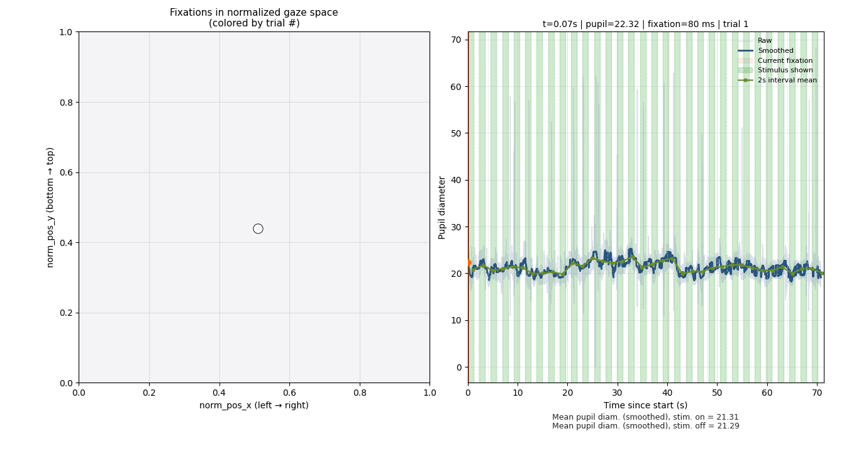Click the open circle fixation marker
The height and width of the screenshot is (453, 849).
point(258,228)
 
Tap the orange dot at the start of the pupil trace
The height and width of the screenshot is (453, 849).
point(468,263)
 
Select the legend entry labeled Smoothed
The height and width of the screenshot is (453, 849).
point(775,51)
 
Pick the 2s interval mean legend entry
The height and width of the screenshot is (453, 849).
point(787,81)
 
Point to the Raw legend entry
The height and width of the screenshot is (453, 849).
point(765,41)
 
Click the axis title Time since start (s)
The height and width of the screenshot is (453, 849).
point(645,406)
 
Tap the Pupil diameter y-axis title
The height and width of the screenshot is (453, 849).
point(442,208)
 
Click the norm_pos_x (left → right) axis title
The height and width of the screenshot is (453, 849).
point(254,406)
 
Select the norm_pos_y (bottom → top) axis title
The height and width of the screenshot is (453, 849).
point(51,208)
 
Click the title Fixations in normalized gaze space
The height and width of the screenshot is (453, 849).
point(254,13)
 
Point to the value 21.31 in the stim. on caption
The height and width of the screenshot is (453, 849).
point(728,417)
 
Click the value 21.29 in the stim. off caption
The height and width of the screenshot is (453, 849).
point(729,426)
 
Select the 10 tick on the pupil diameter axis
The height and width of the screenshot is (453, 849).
point(458,320)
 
